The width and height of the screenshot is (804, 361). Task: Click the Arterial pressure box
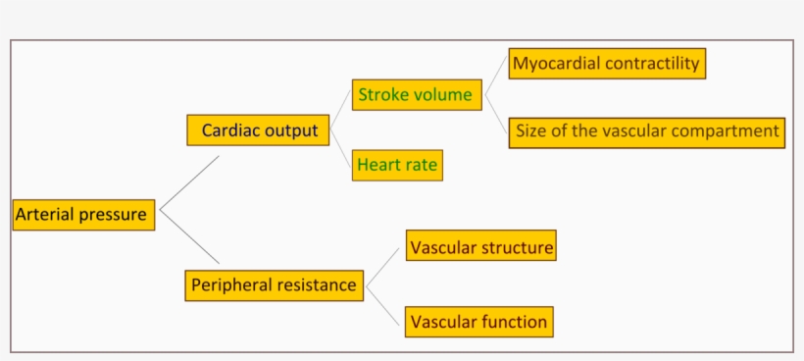point(83,214)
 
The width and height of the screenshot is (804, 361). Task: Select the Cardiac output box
point(258,129)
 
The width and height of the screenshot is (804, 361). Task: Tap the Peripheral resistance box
point(274,285)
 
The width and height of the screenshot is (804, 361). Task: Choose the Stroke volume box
point(416,95)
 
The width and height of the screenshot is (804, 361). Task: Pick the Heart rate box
point(397,165)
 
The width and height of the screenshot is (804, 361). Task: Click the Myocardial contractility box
point(607,64)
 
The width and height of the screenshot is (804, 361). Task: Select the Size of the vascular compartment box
point(646,131)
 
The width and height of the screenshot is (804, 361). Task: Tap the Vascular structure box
point(481,247)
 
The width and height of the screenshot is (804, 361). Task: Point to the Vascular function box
point(478,321)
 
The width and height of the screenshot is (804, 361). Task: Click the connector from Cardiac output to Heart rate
point(340,147)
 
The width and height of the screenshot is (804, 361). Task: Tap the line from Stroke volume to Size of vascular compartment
point(495,113)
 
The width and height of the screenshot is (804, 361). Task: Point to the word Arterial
point(45,214)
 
